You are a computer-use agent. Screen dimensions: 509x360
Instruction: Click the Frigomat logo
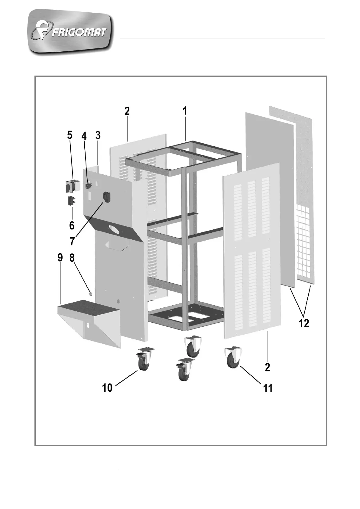pyautogui.click(x=72, y=32)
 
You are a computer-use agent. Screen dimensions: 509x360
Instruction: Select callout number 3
pyautogui.click(x=98, y=135)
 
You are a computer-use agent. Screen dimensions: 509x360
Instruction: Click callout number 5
pyautogui.click(x=70, y=135)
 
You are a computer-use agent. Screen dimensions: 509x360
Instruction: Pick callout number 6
pyautogui.click(x=72, y=225)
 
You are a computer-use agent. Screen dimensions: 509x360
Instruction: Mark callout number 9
pyautogui.click(x=60, y=258)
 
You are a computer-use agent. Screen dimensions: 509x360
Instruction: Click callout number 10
pyautogui.click(x=107, y=387)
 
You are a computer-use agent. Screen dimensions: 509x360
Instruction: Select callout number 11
pyautogui.click(x=268, y=388)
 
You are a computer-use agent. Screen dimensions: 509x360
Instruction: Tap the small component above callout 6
pyautogui.click(x=72, y=201)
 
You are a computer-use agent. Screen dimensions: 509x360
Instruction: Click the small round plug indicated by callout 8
pyautogui.click(x=90, y=293)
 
